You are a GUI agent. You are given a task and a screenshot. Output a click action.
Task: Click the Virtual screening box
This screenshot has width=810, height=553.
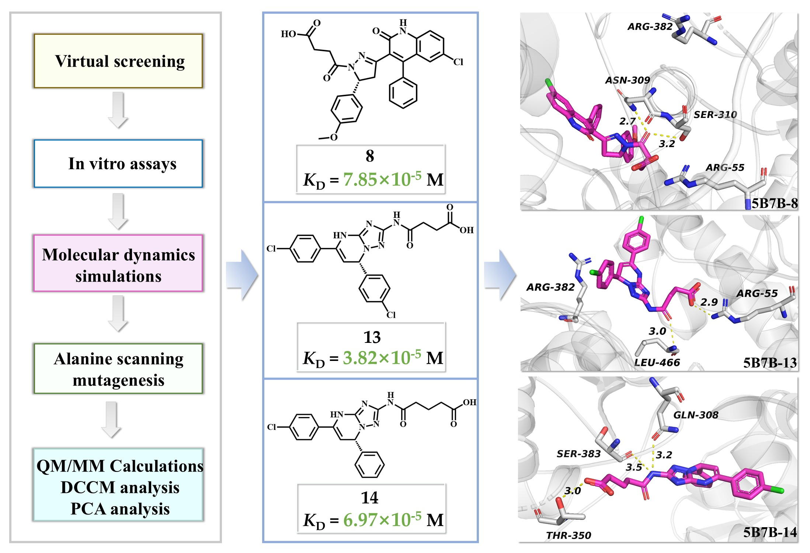click(x=118, y=61)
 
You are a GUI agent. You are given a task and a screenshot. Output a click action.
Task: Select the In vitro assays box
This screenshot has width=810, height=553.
click(x=118, y=163)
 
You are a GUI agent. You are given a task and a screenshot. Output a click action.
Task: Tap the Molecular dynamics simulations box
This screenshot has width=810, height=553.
click(x=118, y=263)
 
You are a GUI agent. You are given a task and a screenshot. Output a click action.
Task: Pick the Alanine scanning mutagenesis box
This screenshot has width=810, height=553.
click(x=118, y=369)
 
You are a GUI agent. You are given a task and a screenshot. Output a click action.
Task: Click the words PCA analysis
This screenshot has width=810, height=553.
click(x=120, y=509)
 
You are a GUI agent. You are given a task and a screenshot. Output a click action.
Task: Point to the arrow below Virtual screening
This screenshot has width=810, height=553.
click(x=118, y=110)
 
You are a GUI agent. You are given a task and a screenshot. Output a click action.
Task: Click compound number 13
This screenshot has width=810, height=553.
click(x=372, y=337)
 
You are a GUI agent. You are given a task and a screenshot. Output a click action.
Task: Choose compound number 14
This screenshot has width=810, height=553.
click(x=370, y=498)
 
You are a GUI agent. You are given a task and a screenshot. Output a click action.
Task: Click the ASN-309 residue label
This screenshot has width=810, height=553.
click(x=628, y=80)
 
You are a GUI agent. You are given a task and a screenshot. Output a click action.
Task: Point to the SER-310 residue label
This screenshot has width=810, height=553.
click(x=715, y=115)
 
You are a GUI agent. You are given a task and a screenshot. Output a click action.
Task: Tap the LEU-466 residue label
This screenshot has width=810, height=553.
click(x=657, y=362)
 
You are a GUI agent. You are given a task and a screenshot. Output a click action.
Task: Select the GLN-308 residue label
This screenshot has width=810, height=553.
click(x=696, y=415)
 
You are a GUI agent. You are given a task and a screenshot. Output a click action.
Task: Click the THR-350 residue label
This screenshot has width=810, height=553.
click(x=569, y=535)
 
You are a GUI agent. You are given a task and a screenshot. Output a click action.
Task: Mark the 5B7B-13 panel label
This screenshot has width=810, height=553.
click(x=770, y=363)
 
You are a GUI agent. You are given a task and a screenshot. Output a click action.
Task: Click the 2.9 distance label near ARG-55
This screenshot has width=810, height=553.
click(x=709, y=302)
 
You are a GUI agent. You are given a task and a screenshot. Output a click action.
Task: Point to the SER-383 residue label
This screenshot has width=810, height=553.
click(x=578, y=454)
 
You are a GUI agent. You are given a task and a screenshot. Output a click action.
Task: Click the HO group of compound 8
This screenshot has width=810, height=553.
click(x=288, y=34)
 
